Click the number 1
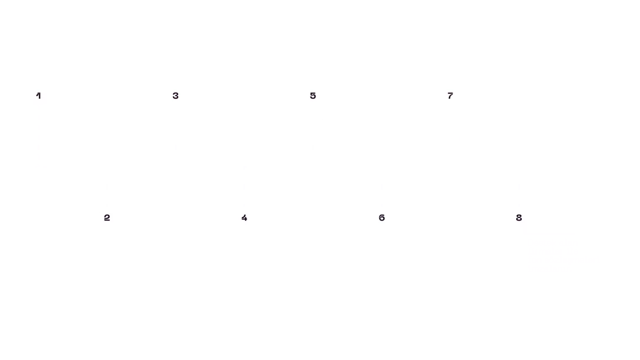[39, 96]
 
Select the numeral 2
[107, 218]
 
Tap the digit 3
[175, 96]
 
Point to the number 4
[244, 218]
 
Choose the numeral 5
[313, 96]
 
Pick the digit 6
[382, 218]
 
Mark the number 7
[450, 96]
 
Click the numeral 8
[519, 218]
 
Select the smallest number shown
[39, 96]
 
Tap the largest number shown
[519, 218]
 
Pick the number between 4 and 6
[313, 96]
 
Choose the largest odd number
[450, 96]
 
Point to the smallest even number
[107, 218]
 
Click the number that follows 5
[382, 218]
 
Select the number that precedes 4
[175, 96]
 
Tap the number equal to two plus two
[244, 218]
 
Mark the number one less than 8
[450, 96]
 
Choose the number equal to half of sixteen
[519, 218]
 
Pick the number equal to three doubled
[382, 218]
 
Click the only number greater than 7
[519, 218]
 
